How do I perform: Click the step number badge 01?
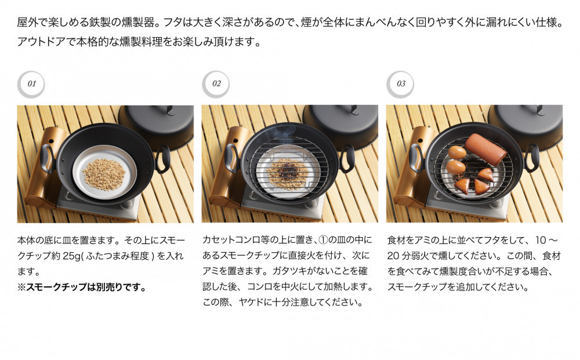pos(31,84)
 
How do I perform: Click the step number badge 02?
pos(216,84)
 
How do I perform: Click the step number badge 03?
pos(401,84)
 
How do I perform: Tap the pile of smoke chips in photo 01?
pos(104,173)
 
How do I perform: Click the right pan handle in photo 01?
pos(164,158)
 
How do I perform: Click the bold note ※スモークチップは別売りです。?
pos(81,287)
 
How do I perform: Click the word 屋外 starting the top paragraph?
pos(26,24)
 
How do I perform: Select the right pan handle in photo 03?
pos(533,158)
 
